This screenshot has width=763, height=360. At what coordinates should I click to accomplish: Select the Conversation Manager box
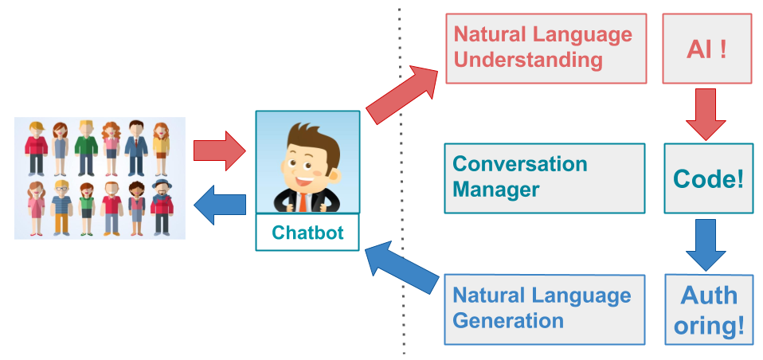coord(545,178)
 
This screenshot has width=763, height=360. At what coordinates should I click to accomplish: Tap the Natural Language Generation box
coord(545,309)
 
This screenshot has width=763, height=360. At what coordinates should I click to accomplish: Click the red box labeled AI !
coord(706,49)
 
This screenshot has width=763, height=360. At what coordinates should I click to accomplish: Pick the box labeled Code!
coord(708,178)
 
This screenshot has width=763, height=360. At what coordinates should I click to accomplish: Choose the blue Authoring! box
coord(709,309)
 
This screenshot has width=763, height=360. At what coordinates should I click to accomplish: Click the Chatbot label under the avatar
coord(307,233)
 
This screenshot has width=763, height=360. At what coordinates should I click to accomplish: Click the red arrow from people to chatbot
coord(221,151)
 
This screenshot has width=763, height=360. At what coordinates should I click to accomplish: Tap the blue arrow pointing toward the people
coord(221,203)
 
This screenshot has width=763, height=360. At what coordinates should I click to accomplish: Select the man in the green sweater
coord(85,147)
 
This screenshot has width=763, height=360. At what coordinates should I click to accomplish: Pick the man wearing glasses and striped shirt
coord(61,207)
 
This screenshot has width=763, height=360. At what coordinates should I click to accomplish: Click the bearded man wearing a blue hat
coord(162,207)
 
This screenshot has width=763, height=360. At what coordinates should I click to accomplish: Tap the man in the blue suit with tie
coord(136,147)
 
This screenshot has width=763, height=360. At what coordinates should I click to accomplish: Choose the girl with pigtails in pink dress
coord(36,207)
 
